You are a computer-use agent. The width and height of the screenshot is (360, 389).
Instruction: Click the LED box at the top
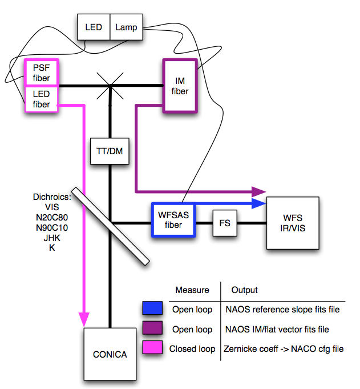[94, 27]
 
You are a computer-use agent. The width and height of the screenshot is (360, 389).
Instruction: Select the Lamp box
[126, 27]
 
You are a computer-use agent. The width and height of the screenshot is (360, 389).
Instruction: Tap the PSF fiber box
[42, 73]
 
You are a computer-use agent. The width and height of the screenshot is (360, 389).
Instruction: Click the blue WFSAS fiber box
[173, 220]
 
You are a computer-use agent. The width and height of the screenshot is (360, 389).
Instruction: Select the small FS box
[224, 223]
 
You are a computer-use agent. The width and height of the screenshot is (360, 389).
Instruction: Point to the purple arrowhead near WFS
[260, 191]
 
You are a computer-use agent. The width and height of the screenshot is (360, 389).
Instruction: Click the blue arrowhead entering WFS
[260, 203]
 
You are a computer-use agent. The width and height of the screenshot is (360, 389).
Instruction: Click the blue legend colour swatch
[152, 309]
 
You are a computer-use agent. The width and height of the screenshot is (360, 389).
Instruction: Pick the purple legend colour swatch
[152, 329]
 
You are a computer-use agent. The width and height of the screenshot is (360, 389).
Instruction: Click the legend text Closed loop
[192, 348]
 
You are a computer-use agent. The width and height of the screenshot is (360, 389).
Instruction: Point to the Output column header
[244, 290]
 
